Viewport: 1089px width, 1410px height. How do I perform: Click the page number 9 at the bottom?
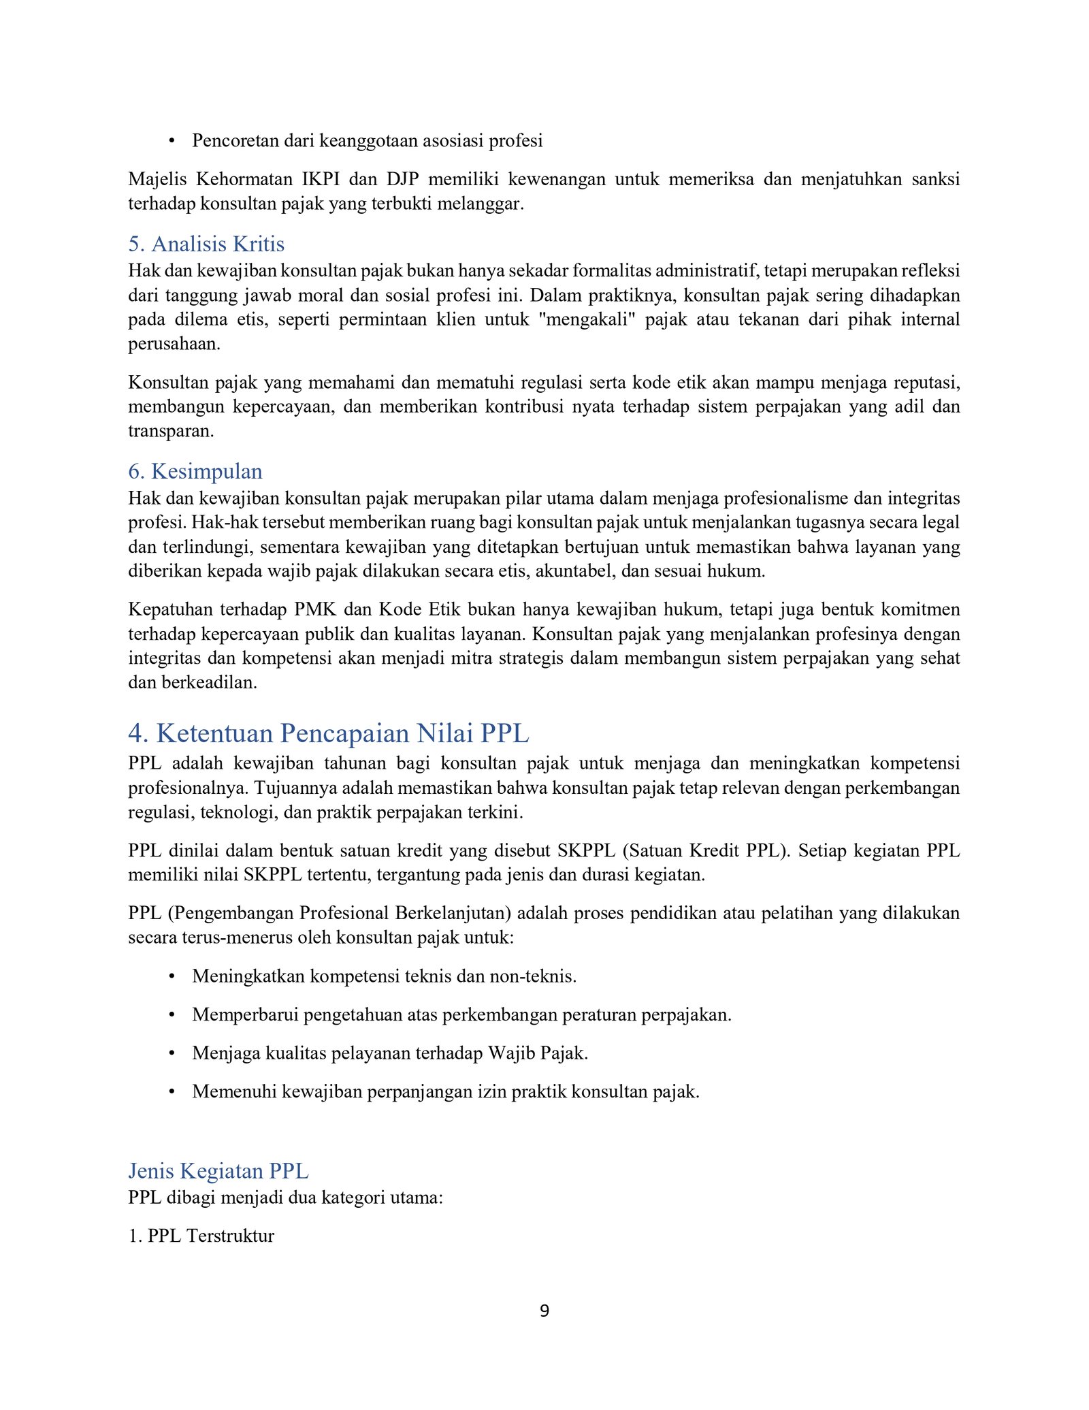pyautogui.click(x=544, y=1311)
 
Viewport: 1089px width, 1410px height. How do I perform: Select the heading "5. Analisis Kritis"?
pyautogui.click(x=206, y=244)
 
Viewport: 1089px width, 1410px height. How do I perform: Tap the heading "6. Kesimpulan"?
pyautogui.click(x=195, y=471)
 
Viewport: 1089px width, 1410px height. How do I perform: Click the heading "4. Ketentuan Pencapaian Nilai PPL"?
pyautogui.click(x=328, y=733)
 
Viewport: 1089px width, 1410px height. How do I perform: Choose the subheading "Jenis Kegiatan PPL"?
pyautogui.click(x=218, y=1171)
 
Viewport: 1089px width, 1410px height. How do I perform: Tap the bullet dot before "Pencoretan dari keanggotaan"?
pyautogui.click(x=172, y=141)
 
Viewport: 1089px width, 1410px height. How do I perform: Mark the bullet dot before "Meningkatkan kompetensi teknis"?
pyautogui.click(x=172, y=976)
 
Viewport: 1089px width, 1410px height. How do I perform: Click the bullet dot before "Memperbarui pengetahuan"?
pyautogui.click(x=172, y=1015)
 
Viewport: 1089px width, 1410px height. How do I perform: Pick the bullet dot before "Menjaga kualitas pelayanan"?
pyautogui.click(x=172, y=1053)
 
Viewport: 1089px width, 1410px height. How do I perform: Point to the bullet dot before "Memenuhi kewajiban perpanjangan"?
pyautogui.click(x=172, y=1092)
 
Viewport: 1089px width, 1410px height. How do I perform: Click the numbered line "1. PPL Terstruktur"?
pyautogui.click(x=201, y=1236)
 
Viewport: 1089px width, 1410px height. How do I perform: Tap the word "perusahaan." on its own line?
pyautogui.click(x=174, y=344)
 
